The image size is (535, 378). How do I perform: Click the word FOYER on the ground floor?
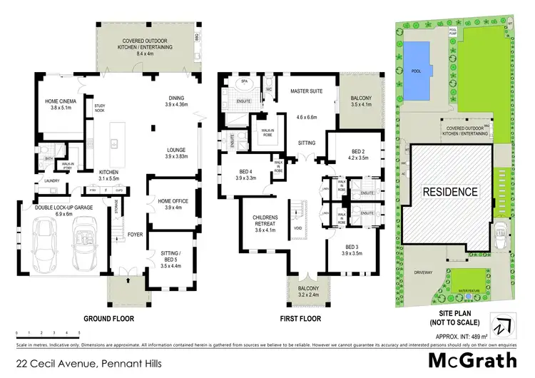point(136,232)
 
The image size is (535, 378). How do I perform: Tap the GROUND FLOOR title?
point(108,318)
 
